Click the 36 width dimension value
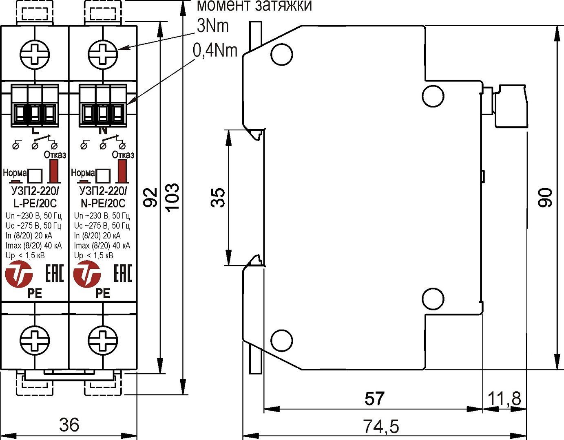(69, 425)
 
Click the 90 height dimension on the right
(545, 198)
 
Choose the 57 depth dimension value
(374, 398)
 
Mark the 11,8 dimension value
(505, 398)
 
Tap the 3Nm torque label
(212, 26)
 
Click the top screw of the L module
(35, 53)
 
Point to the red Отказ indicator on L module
(53, 171)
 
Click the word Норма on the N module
(83, 172)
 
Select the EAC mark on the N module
(122, 273)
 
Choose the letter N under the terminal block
(103, 131)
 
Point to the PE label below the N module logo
(103, 293)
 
